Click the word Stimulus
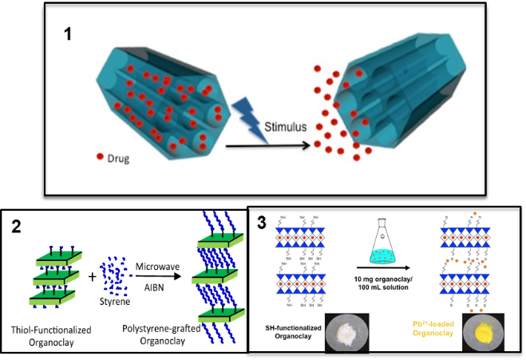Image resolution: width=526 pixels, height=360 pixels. click(287, 126)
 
